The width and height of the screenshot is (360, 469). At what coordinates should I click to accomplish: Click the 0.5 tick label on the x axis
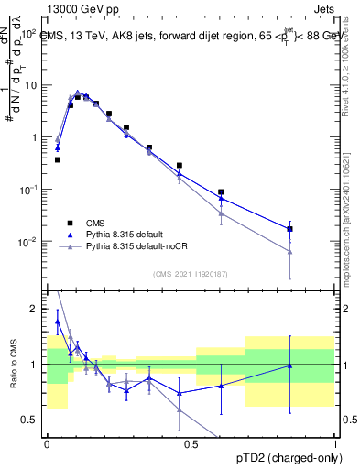(191, 443)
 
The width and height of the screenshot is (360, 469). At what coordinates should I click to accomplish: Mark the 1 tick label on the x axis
(335, 443)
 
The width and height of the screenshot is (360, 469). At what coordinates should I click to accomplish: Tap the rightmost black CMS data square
(289, 229)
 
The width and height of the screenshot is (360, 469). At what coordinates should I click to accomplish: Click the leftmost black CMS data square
(58, 159)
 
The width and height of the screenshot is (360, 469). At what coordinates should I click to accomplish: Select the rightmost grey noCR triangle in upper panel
(289, 252)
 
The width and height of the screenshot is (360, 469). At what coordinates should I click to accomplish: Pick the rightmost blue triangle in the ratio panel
(289, 366)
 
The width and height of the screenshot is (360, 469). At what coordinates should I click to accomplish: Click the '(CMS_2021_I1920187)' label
(191, 273)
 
